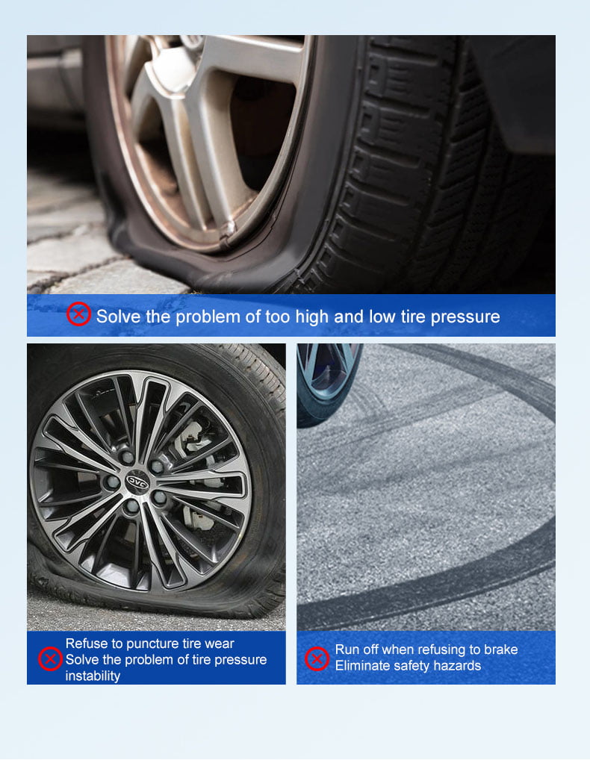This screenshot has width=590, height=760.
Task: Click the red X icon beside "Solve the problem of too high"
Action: (x=78, y=314)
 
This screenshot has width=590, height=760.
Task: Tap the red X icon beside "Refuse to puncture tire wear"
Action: (x=50, y=659)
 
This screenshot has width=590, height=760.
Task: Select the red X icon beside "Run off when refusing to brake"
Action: (x=317, y=659)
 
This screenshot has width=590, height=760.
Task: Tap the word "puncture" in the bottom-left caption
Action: (x=152, y=644)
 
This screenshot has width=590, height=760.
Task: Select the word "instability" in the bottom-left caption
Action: (x=93, y=676)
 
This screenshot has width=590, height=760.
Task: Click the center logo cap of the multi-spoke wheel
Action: (x=137, y=482)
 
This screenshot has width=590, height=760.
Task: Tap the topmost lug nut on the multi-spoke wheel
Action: (x=127, y=456)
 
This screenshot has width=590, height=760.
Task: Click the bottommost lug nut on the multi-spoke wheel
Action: (x=131, y=506)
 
